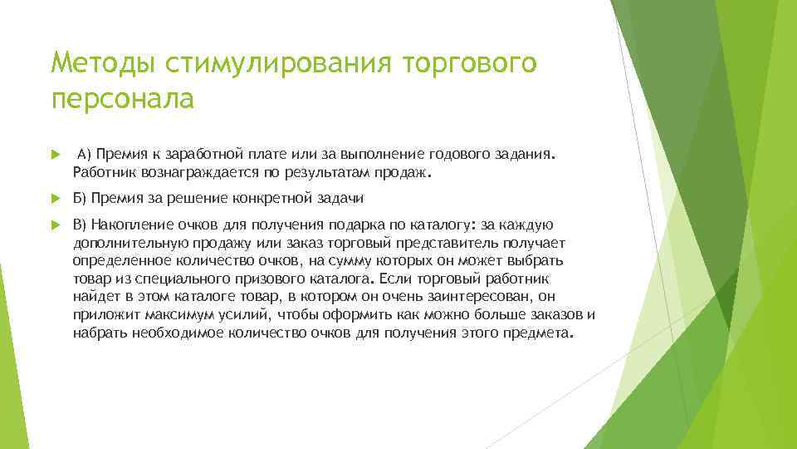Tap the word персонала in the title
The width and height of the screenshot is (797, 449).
point(121,99)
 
